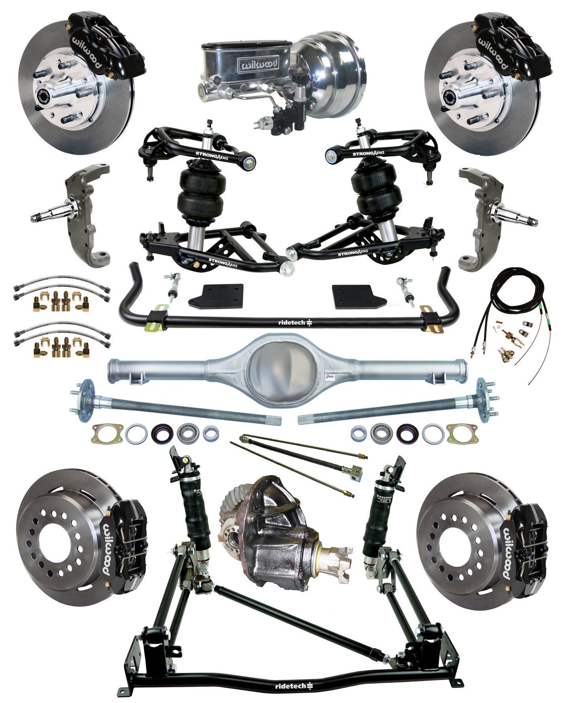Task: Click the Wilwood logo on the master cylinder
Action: tap(257, 63)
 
